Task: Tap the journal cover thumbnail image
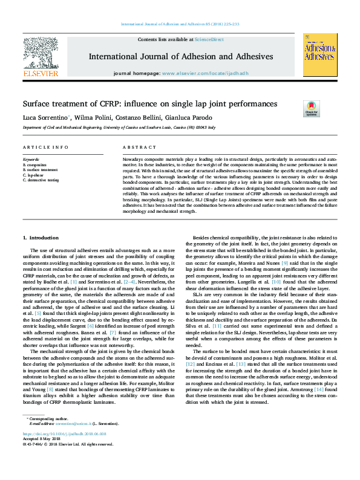pos(320,54)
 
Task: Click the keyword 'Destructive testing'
pos(42,180)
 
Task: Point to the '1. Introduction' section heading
pos(41,222)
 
